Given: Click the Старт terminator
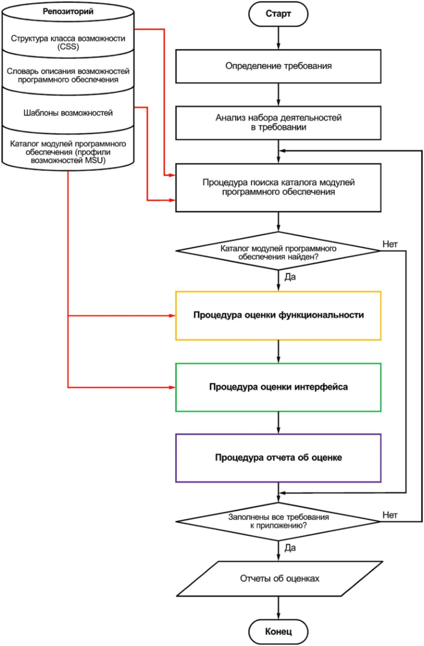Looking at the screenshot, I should [x=278, y=14].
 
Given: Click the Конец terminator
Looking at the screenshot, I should [x=278, y=631].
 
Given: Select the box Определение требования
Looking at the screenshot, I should [x=278, y=66].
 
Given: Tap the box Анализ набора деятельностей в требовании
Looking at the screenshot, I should [x=278, y=123].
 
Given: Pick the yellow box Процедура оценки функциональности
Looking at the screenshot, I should [x=278, y=315].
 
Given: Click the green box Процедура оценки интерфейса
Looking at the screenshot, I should [x=278, y=387].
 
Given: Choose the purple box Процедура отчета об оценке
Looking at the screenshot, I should [x=278, y=458].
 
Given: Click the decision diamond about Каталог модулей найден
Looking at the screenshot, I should [x=278, y=253].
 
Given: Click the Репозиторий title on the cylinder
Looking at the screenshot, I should [x=68, y=12].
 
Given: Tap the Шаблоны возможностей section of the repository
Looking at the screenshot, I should [x=68, y=113].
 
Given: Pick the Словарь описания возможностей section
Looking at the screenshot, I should [x=68, y=75].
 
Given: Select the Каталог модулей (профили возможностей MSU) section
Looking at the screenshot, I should [x=68, y=152].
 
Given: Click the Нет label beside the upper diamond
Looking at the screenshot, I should [x=390, y=244].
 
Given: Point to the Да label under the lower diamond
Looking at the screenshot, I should [x=290, y=548].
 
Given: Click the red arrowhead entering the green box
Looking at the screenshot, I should [x=172, y=387].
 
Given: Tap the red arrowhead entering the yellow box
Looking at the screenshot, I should [x=172, y=316].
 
